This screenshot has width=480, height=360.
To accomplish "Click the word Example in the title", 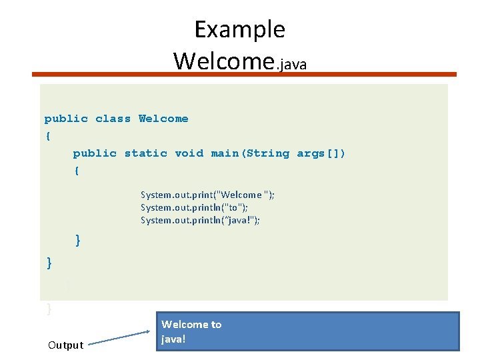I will coord(239,30).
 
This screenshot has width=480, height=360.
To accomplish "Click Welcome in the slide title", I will coord(224,61).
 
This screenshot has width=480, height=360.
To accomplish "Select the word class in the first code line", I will coord(113,119).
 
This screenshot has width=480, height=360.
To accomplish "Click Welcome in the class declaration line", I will coord(163,119).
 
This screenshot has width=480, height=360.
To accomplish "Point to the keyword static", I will coord(146,153).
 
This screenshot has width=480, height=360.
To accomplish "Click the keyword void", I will coord(189,153).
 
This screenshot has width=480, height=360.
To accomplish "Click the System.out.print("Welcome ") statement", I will coord(207,195).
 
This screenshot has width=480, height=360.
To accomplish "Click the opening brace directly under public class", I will coord(47,136).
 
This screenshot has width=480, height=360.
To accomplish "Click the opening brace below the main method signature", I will coord(77,171).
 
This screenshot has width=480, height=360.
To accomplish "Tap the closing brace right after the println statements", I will coord(78,240).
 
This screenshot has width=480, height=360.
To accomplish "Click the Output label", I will coord(65,345).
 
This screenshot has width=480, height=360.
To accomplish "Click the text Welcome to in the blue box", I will coord(191,325).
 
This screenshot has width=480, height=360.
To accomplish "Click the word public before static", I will coord(95,153).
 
